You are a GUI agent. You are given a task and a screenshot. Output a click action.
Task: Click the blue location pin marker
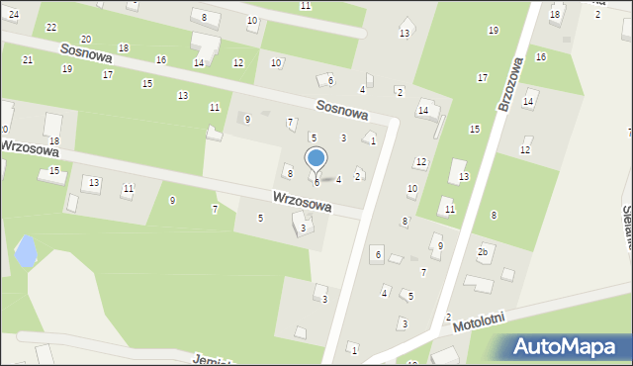point(316,158)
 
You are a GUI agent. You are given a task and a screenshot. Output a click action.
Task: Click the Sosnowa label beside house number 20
point(85,52)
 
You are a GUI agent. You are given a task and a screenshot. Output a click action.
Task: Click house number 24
point(14,15)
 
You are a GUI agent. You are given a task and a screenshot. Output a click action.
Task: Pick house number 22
point(51,27)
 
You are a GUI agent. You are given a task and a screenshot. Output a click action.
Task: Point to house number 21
point(28,60)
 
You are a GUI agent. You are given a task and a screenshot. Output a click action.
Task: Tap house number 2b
point(483,252)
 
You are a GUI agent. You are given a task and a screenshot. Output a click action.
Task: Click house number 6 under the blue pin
point(316,182)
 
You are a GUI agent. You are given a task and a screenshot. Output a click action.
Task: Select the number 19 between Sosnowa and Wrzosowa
point(66,69)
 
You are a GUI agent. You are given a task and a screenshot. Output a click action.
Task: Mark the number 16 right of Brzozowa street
point(540,57)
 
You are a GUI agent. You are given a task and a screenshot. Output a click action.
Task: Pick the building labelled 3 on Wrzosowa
point(305,229)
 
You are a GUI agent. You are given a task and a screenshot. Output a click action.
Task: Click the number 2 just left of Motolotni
point(448,317)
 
